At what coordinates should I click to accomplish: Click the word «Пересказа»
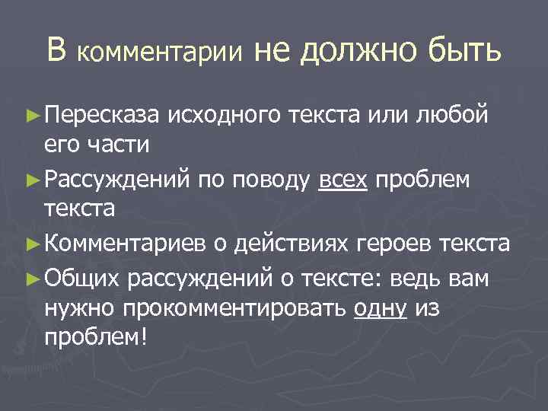tap(100, 116)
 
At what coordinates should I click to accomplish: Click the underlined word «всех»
tap(344, 180)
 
